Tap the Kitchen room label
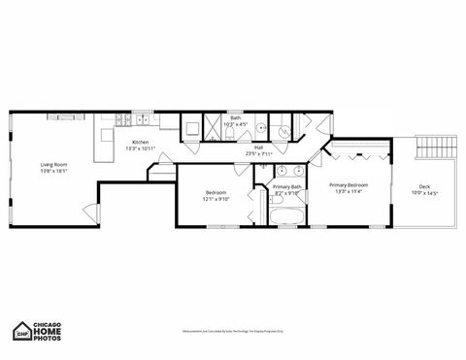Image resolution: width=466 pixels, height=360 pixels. click(142, 142)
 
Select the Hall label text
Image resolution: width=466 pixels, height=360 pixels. click(259, 147)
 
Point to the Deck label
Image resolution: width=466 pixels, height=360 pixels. click(424, 186)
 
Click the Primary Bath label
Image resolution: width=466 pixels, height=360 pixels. click(287, 186)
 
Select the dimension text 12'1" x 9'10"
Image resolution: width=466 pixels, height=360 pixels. click(216, 199)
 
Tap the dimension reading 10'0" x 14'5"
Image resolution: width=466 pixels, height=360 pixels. click(424, 193)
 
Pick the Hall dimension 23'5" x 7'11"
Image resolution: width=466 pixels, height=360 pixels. click(259, 153)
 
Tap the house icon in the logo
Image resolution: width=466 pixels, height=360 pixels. click(21, 330)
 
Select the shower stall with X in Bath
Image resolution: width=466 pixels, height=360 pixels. click(193, 127)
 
